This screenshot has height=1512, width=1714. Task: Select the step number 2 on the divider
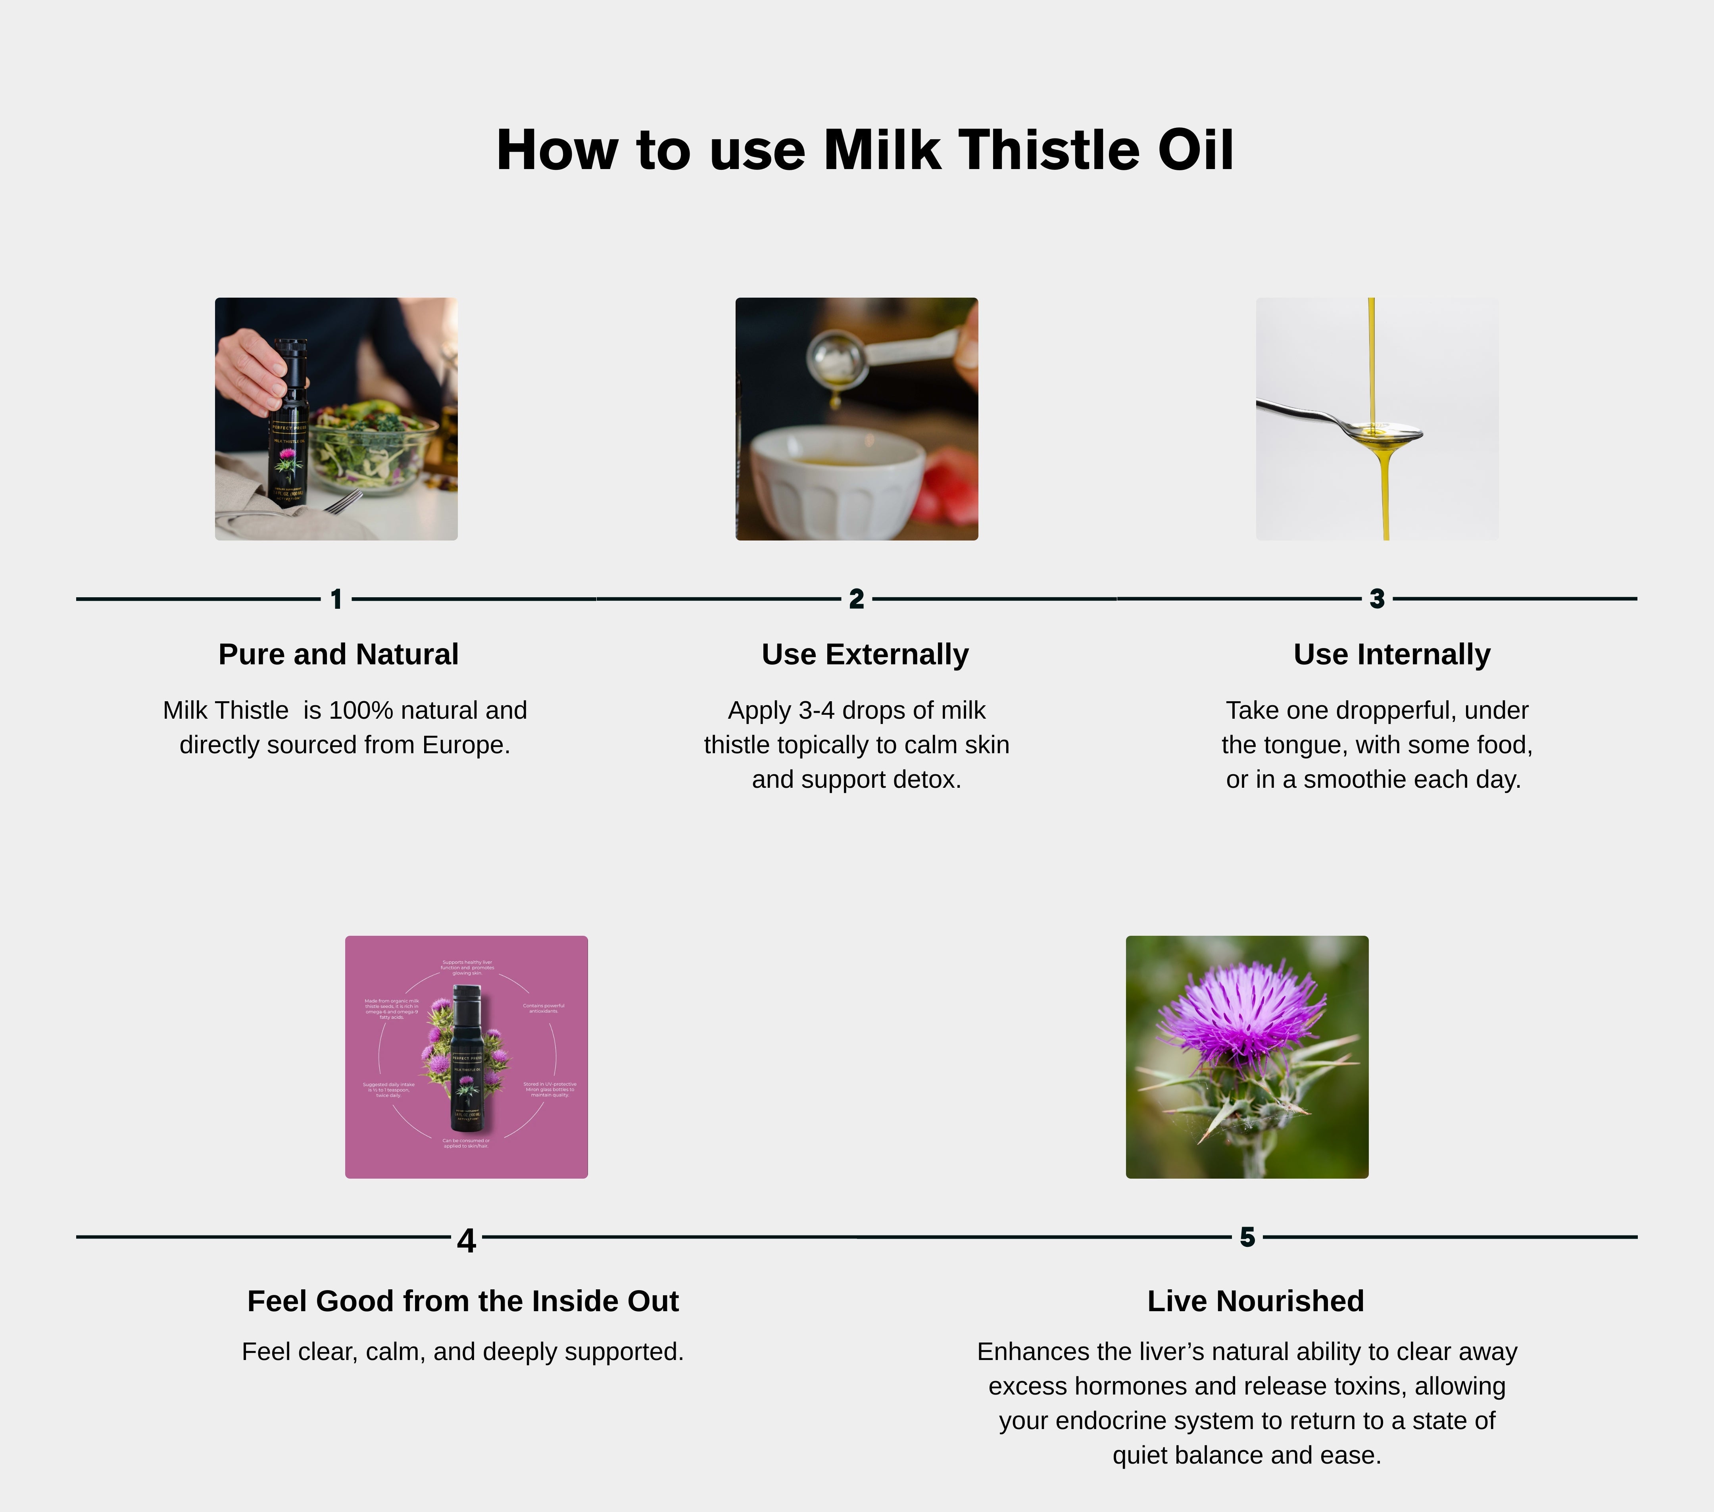pyautogui.click(x=856, y=599)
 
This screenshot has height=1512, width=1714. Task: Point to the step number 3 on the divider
pyautogui.click(x=1377, y=599)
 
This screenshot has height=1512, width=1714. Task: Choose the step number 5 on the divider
pyautogui.click(x=1247, y=1237)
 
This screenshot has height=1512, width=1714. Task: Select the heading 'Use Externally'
pyautogui.click(x=865, y=654)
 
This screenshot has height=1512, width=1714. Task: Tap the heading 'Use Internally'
pyautogui.click(x=1391, y=654)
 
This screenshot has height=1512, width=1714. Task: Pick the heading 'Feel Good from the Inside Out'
pyautogui.click(x=463, y=1300)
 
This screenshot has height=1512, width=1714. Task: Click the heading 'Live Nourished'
pyautogui.click(x=1255, y=1300)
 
